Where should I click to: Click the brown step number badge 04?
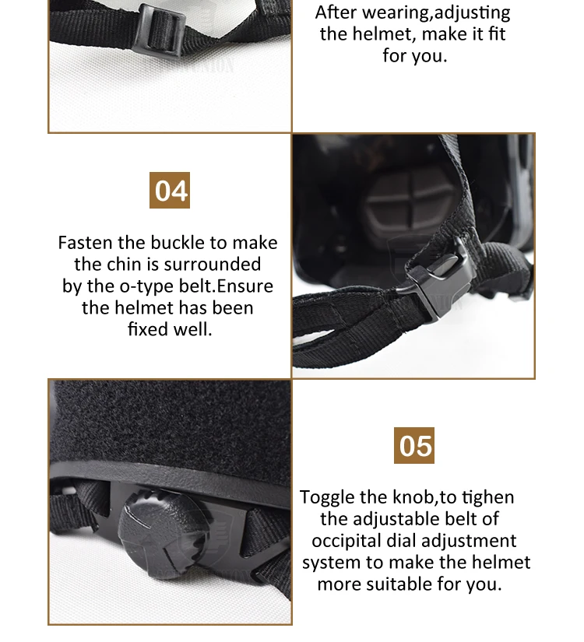[169, 190]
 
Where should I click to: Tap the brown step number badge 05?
[413, 446]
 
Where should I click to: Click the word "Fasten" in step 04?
[85, 243]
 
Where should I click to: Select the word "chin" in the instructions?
[136, 265]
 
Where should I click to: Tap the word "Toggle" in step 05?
[327, 497]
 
